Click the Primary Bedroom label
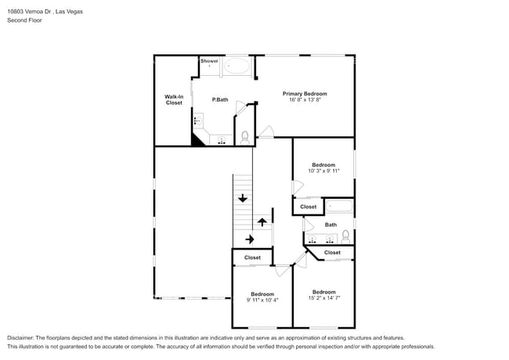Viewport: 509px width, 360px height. pos(305,94)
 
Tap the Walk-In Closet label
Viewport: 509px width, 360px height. pos(174,99)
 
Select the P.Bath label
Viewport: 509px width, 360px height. pos(220,99)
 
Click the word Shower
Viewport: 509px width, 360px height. pos(209,61)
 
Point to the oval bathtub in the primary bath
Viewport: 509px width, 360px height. pos(237,66)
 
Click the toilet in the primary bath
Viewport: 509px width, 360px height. pos(245,138)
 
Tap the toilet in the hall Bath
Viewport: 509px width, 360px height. pos(345,237)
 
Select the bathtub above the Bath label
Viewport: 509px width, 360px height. pos(339,207)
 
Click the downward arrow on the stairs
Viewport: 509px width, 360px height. pos(243,198)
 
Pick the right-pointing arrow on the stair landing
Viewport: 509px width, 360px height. pos(250,239)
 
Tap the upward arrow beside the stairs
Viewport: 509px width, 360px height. pos(262,222)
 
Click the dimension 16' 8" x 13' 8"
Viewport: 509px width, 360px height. pos(305,100)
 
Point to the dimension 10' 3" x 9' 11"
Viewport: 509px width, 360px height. pos(323,171)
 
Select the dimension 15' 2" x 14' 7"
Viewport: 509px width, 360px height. pos(324,298)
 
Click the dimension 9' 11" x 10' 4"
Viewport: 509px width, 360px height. pos(262,300)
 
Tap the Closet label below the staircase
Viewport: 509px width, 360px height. pos(252,257)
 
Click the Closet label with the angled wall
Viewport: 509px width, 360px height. pos(332,252)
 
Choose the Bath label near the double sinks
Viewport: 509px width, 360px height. pos(330,225)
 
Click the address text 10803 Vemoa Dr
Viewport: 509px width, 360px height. pos(30,12)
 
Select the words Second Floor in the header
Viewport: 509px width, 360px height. pos(25,20)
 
